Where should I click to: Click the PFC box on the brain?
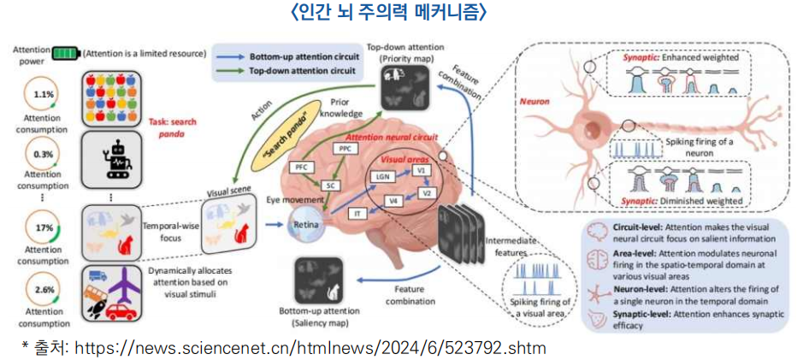coord(302,167)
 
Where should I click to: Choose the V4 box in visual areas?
coord(393,201)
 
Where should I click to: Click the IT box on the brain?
coord(359,212)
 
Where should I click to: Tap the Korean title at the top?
coord(401,12)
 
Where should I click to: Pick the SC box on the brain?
coord(329,184)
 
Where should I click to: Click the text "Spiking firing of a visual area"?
coord(539,307)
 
